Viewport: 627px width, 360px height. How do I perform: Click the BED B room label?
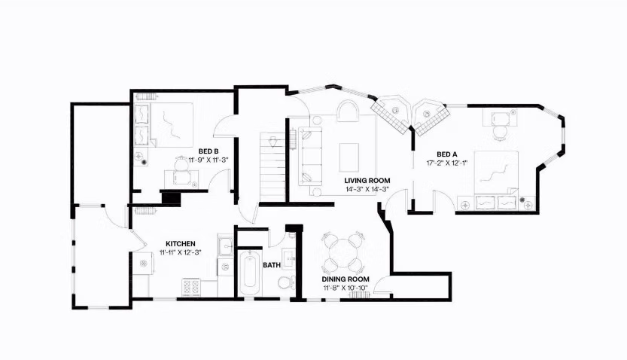tap(208, 151)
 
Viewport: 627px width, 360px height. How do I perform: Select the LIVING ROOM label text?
tap(367, 180)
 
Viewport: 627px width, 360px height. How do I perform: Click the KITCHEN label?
tap(181, 244)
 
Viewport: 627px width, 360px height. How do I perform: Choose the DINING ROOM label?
tap(344, 278)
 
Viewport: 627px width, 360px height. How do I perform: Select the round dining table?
tap(343, 254)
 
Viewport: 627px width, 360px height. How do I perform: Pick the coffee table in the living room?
tap(349, 157)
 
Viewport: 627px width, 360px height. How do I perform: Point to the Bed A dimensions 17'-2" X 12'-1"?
tap(447, 163)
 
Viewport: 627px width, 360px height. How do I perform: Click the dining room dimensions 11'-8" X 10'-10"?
tap(344, 287)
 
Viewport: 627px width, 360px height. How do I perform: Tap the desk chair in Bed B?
tap(181, 163)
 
